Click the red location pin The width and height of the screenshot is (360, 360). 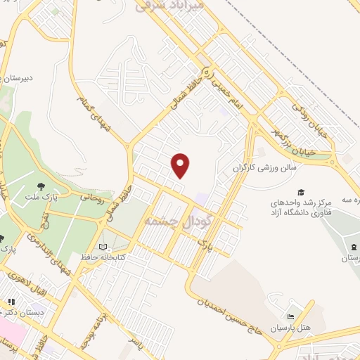(x=181, y=165)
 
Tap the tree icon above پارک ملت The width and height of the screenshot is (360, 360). (x=41, y=186)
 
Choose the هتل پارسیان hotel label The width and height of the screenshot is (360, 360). (x=295, y=328)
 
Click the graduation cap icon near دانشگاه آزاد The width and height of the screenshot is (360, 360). (x=301, y=192)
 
